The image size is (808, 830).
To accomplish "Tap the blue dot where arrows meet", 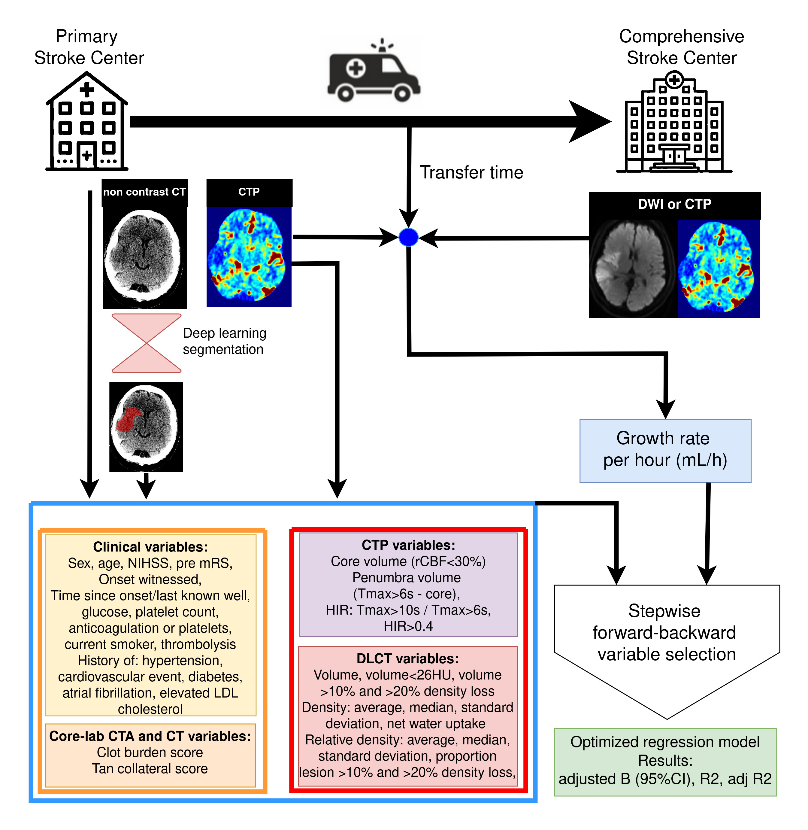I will [x=409, y=237].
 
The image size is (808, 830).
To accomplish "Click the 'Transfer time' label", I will [x=471, y=172].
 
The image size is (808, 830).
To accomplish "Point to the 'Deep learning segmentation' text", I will [x=224, y=341].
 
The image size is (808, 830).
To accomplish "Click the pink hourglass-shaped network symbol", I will [x=147, y=343].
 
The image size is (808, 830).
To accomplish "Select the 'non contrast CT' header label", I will [x=144, y=192].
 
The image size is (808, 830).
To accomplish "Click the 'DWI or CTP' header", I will [x=674, y=204].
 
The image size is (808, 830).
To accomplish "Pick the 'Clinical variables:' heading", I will [x=150, y=547].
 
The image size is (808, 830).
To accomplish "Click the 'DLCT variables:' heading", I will [x=407, y=658].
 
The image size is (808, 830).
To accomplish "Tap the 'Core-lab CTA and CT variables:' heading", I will [x=150, y=736].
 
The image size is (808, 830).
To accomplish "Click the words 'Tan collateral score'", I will [x=150, y=768].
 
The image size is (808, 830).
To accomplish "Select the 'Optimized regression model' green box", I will [x=665, y=762].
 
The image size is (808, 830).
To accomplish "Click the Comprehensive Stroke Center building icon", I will [x=674, y=123].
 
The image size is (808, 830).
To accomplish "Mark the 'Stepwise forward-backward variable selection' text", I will [x=665, y=633].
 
